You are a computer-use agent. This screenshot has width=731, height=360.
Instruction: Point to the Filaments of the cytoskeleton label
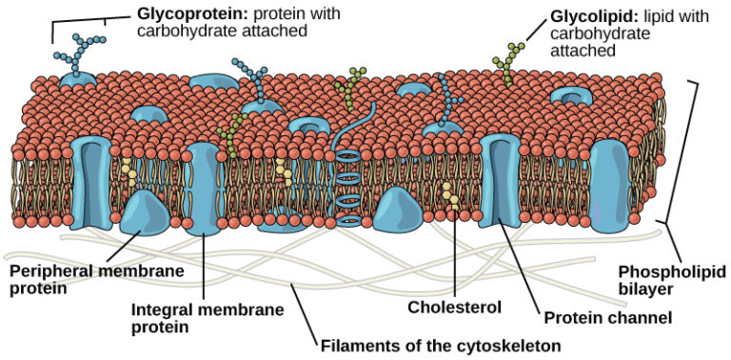pos(440,344)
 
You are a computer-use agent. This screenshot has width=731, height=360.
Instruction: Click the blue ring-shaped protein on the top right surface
pos(572,96)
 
